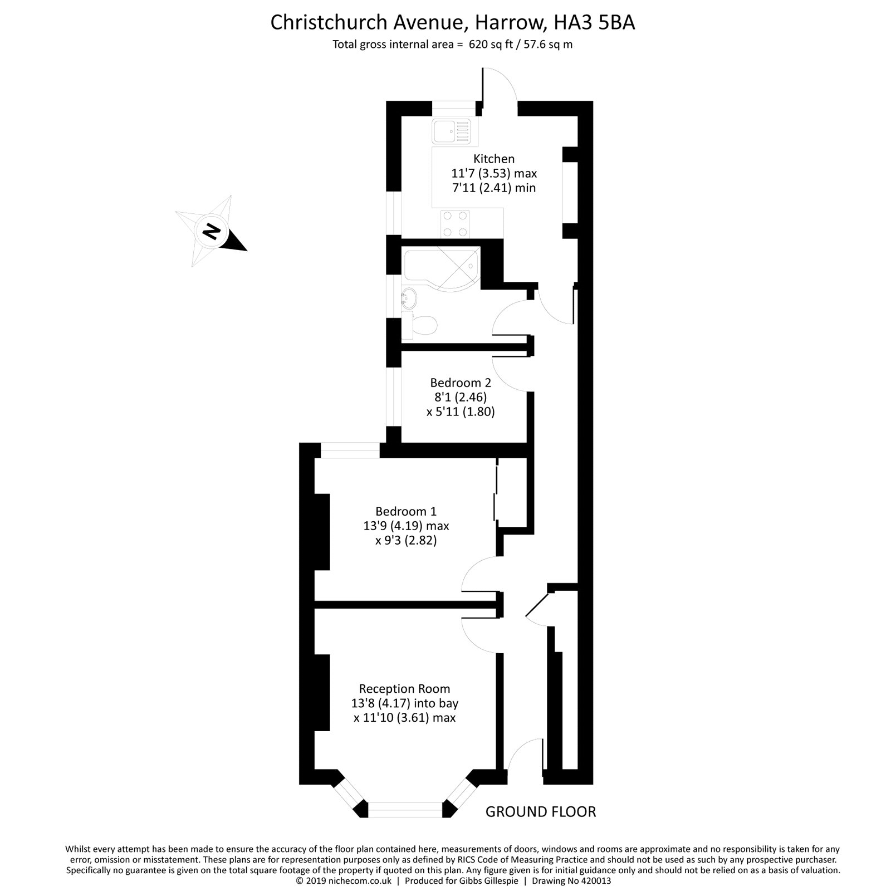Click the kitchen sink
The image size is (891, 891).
coord(451,132)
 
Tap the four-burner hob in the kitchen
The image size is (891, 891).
coord(454,224)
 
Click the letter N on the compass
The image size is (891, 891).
coord(210,231)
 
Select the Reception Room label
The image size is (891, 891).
coord(404,689)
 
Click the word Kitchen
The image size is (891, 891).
coord(494,159)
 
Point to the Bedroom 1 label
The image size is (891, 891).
coord(406,511)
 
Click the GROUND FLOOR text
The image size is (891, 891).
coord(541,812)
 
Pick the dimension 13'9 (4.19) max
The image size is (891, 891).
coord(406,526)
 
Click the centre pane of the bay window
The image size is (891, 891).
coord(405,809)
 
